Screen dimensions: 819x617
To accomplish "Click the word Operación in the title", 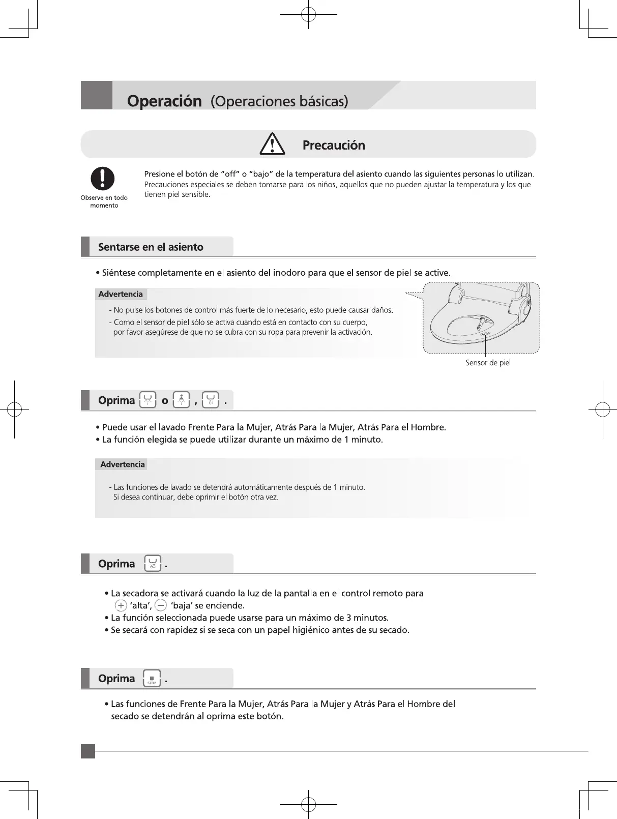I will point(164,101).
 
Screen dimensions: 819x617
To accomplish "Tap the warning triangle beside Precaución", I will point(272,144).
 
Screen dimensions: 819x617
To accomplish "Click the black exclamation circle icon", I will point(103,179).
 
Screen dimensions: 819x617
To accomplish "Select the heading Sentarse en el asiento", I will point(151,247).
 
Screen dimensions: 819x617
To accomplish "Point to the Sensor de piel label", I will point(488,363).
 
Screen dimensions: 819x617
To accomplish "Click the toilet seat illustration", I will point(481,318).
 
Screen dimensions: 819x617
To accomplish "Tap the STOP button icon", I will point(152,679).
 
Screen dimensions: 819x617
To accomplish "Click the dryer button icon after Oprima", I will point(153,564).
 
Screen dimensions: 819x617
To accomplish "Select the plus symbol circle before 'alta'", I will point(121,605).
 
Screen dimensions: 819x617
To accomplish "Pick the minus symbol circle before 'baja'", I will point(160,605).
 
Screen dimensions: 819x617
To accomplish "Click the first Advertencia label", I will point(121,294).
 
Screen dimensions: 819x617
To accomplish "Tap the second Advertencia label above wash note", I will point(122,464).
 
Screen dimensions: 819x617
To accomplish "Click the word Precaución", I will point(334,145).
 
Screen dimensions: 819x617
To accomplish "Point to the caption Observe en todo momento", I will point(104,201).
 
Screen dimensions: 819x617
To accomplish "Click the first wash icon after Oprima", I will point(148,400).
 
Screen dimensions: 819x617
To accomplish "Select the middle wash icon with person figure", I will point(182,400).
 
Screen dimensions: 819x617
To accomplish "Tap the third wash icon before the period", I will point(211,400).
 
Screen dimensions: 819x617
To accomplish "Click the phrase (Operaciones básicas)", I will point(279,101).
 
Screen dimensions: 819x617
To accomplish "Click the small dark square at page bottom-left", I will point(87,751).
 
